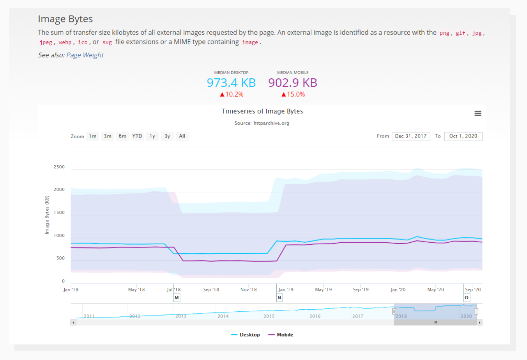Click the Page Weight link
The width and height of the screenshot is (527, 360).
pyautogui.click(x=85, y=55)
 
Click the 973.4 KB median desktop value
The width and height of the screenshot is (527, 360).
pyautogui.click(x=231, y=83)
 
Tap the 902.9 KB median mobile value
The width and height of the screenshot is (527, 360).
pyautogui.click(x=293, y=83)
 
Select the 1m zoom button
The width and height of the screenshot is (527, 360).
pyautogui.click(x=92, y=136)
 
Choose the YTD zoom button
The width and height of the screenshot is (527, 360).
pyautogui.click(x=137, y=136)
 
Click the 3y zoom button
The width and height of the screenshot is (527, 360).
pyautogui.click(x=167, y=136)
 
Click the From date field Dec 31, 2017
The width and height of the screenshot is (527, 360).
pyautogui.click(x=411, y=136)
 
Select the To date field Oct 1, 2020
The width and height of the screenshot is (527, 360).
pyautogui.click(x=463, y=136)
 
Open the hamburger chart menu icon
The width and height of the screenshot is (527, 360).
pyautogui.click(x=477, y=113)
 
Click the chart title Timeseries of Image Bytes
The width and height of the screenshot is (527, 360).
pyautogui.click(x=262, y=111)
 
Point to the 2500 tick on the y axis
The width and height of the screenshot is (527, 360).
pyautogui.click(x=59, y=167)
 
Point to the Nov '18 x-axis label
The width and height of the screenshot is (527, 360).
pyautogui.click(x=248, y=289)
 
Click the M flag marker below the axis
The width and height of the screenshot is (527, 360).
pyautogui.click(x=177, y=298)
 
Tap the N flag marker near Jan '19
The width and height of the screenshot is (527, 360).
pyautogui.click(x=279, y=298)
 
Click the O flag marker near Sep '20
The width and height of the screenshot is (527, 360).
pyautogui.click(x=466, y=298)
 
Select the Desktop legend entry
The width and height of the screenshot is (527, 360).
pyautogui.click(x=246, y=335)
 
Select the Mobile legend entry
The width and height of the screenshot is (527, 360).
pyautogui.click(x=281, y=335)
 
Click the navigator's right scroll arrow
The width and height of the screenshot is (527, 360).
pyautogui.click(x=479, y=323)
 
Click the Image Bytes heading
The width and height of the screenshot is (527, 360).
pyautogui.click(x=65, y=19)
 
